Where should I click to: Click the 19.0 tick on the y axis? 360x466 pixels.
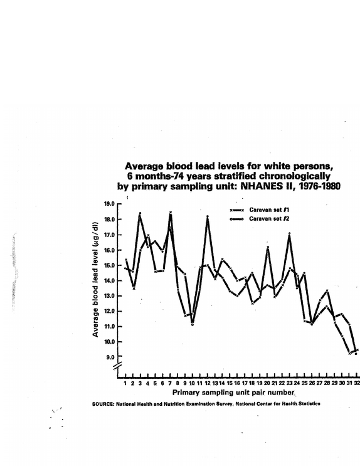click(109, 204)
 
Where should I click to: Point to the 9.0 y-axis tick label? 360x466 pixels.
click(110, 357)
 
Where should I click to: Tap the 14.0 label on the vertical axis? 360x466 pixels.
click(109, 280)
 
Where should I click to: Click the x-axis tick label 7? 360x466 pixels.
click(170, 383)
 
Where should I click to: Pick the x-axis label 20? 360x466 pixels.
click(267, 383)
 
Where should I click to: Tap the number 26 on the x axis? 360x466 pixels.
click(312, 383)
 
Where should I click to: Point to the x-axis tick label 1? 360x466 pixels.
click(125, 383)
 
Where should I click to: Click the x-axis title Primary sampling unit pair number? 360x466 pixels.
click(233, 393)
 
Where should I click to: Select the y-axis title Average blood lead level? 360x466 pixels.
click(95, 280)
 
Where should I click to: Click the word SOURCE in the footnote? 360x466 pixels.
click(103, 404)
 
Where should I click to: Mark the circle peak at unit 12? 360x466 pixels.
click(208, 216)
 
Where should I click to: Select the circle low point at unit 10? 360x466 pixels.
click(193, 324)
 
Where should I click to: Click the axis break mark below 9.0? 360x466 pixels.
click(118, 366)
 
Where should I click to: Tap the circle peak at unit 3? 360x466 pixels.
click(140, 213)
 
